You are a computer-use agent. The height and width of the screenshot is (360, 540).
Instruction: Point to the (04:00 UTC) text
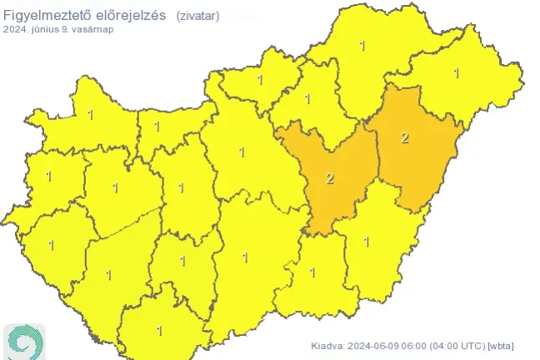coord(461,346)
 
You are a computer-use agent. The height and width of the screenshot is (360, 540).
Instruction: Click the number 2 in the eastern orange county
coord(405,137)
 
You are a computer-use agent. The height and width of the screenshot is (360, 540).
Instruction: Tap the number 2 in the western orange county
coord(330,178)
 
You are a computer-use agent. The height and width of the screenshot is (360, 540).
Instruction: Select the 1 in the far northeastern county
coord(456,73)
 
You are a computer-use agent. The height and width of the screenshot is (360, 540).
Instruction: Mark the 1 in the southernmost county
coord(159,331)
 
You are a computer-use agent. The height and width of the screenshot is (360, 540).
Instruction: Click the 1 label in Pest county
coord(242,152)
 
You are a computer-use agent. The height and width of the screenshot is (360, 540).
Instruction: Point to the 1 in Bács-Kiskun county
coord(244,258)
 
